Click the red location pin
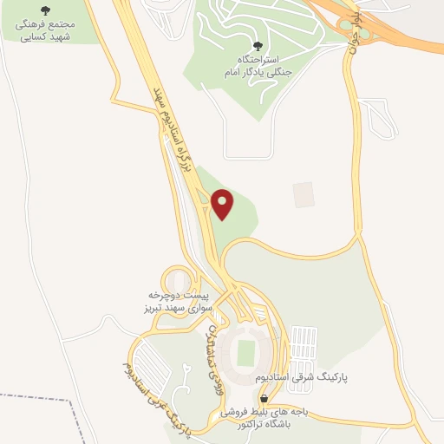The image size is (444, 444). (x=224, y=204)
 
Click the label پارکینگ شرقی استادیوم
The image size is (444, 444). (x=301, y=380)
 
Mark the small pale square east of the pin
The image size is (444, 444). (x=302, y=194)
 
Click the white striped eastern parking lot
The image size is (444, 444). (x=309, y=347)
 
